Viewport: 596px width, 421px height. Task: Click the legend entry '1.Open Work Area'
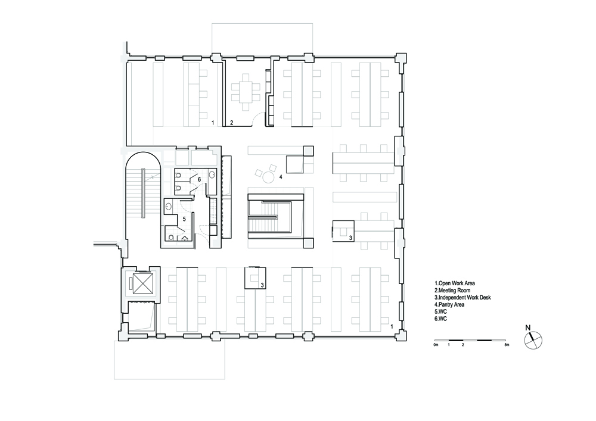pos(455,283)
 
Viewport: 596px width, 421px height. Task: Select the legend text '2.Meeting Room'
pos(452,291)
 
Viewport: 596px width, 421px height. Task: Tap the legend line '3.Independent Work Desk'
pos(462,298)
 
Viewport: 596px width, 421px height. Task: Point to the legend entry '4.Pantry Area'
pos(449,304)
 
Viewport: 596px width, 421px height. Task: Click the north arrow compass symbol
pos(533,340)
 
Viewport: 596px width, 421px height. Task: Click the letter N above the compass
pos(527,328)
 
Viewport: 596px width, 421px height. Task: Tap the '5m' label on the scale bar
pos(506,345)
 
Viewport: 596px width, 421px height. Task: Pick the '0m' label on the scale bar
pos(436,345)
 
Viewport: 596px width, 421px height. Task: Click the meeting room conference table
pos(246,92)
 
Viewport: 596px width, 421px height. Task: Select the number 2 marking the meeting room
pos(231,123)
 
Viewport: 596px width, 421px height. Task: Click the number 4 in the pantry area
pos(281,177)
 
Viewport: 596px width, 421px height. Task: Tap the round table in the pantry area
pos(269,177)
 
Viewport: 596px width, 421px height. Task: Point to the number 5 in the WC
pos(184,219)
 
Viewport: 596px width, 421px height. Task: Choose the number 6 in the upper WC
pos(199,179)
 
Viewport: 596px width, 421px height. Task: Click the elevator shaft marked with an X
pos(140,283)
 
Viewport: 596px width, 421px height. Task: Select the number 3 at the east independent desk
pos(350,238)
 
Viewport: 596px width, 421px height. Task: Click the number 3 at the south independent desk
pos(262,285)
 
